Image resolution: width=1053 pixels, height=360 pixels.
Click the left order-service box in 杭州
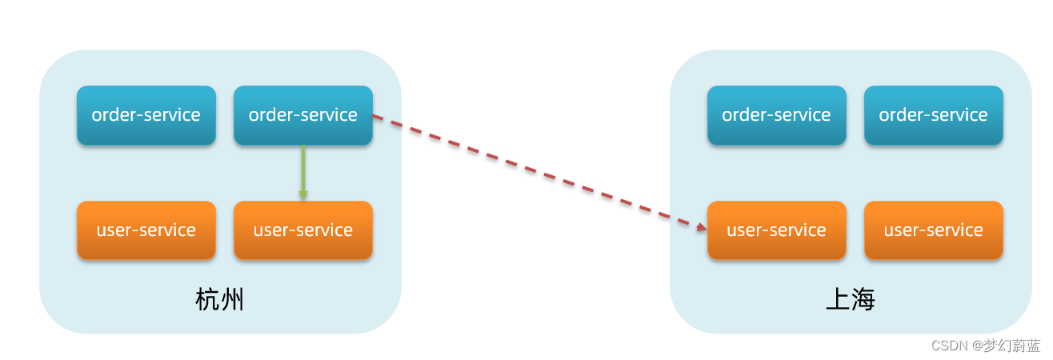pyautogui.click(x=146, y=115)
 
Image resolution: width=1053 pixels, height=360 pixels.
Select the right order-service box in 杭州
pyautogui.click(x=303, y=115)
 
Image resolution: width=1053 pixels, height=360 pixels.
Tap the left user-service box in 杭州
pyautogui.click(x=146, y=230)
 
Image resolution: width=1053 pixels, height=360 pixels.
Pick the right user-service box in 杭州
pyautogui.click(x=303, y=230)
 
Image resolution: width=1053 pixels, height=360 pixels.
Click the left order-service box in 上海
pyautogui.click(x=776, y=115)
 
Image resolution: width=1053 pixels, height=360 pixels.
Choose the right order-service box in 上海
pyautogui.click(x=933, y=115)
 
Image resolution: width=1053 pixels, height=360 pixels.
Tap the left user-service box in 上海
pyautogui.click(x=776, y=230)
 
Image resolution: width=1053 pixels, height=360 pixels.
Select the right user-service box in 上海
pyautogui.click(x=933, y=230)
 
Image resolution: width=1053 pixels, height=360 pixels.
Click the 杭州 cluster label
pyautogui.click(x=219, y=300)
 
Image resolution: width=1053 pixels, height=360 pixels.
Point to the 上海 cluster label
pyautogui.click(x=850, y=300)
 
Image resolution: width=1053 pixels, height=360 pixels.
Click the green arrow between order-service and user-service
pyautogui.click(x=303, y=170)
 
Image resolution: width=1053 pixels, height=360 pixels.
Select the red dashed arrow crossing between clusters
pyautogui.click(x=536, y=172)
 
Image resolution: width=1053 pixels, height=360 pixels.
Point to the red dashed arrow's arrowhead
pyautogui.click(x=702, y=228)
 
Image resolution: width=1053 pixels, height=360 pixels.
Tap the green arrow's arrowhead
pyautogui.click(x=303, y=194)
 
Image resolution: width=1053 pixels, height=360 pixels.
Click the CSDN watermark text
pyautogui.click(x=949, y=346)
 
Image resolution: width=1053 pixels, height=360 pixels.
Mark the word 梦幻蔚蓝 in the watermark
pyautogui.click(x=1011, y=346)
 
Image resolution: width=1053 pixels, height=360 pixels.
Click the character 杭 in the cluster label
pyautogui.click(x=207, y=300)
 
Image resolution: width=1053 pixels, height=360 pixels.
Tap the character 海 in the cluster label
pyautogui.click(x=863, y=300)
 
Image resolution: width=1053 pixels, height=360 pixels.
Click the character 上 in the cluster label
pyautogui.click(x=837, y=300)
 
